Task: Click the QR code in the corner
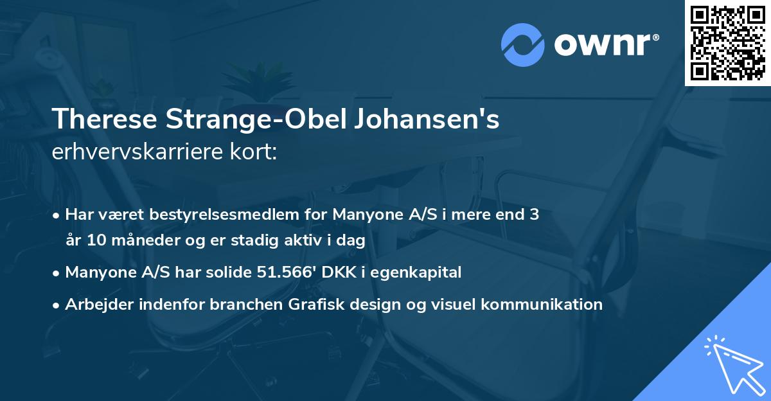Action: (727, 42)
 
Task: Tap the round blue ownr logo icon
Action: (522, 45)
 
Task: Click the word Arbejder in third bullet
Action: (95, 305)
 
